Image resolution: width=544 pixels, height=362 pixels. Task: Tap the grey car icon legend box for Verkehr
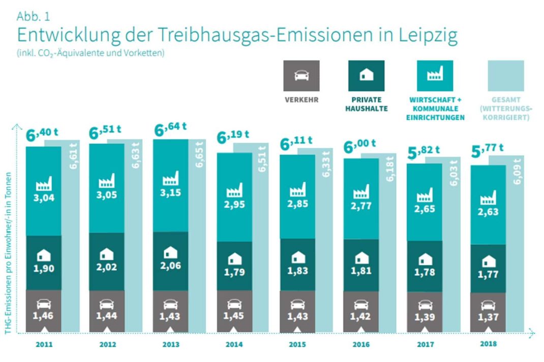tap(301, 76)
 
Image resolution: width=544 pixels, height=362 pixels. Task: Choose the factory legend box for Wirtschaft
tap(435, 76)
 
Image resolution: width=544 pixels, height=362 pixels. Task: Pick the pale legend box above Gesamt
tap(505, 76)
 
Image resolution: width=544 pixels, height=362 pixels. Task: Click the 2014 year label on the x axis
tap(234, 345)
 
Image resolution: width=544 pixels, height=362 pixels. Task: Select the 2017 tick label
tap(425, 345)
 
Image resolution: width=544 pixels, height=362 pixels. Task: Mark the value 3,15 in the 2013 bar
tap(170, 194)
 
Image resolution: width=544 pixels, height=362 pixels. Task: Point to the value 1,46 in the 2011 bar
tap(43, 316)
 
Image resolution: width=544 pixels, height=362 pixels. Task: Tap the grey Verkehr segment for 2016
tap(361, 311)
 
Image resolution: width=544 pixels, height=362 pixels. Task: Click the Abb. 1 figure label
tap(33, 16)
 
